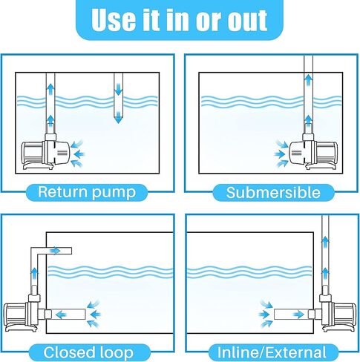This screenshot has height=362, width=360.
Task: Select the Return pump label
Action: tap(88, 193)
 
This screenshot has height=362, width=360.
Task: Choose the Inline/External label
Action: tap(272, 352)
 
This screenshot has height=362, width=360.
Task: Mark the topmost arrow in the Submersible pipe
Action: tap(308, 77)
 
